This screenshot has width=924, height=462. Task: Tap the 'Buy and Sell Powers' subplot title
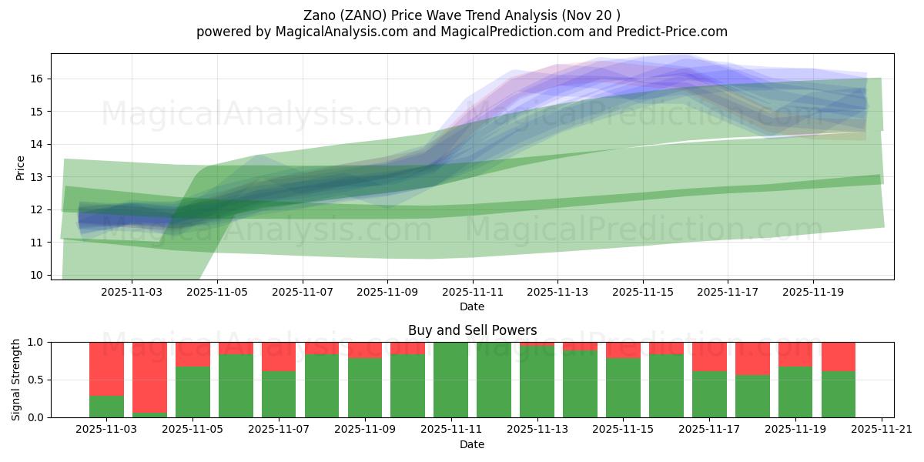pos(472,330)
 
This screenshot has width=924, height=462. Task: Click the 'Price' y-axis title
pos(21,167)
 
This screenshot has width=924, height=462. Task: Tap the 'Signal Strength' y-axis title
pos(16,380)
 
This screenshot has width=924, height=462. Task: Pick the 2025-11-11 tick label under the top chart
pos(473,293)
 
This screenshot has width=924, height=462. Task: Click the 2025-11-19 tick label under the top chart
pos(813,293)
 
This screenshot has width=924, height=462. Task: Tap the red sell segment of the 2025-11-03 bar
pos(106,368)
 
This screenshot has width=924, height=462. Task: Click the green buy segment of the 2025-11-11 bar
pos(451,380)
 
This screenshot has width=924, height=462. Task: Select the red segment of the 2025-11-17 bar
pos(709,356)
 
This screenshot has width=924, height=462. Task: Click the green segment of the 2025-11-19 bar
pos(795,392)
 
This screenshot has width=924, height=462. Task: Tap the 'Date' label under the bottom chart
pos(472,444)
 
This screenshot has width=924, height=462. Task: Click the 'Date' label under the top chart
pos(472,306)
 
